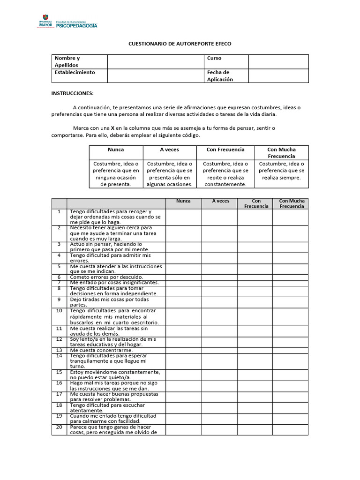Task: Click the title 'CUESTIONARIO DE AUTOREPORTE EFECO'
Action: click(180, 44)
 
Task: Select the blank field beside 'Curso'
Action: click(278, 61)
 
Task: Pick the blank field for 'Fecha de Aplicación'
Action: click(278, 75)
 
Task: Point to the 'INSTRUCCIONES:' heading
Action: click(72, 93)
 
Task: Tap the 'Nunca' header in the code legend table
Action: click(116, 150)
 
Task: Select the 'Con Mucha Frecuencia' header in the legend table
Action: click(281, 152)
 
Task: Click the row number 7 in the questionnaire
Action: click(59, 283)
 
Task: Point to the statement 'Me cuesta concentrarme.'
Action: click(101, 350)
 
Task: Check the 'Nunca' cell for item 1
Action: click(183, 217)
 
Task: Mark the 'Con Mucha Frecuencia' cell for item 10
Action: click(291, 316)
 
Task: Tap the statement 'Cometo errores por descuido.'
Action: click(106, 277)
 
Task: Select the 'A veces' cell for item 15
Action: click(219, 375)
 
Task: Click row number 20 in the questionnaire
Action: click(59, 427)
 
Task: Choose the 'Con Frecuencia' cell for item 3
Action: click(255, 247)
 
